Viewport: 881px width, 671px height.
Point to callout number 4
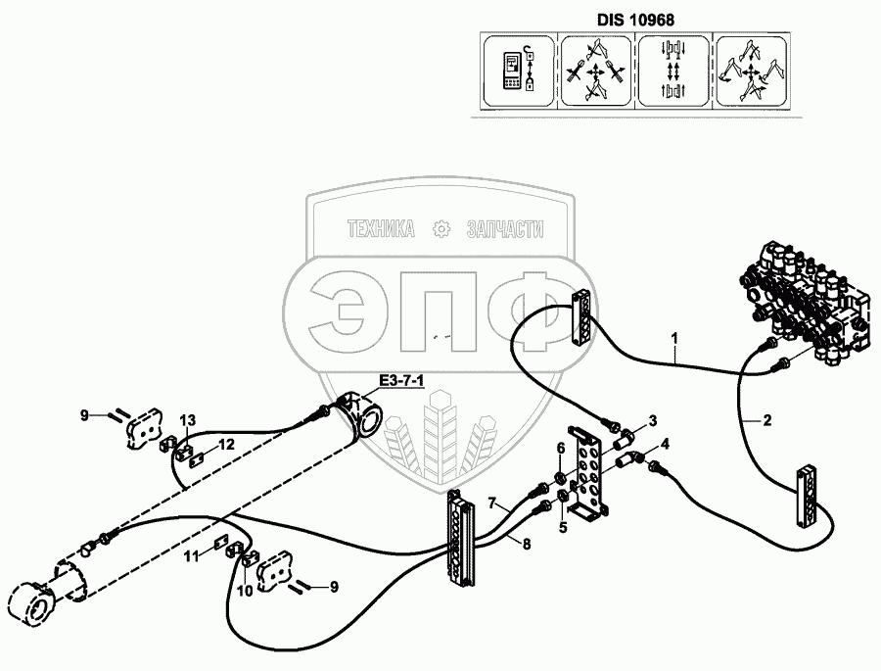click(x=665, y=443)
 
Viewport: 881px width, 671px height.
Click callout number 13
click(x=188, y=421)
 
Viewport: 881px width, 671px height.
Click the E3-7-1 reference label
click(x=396, y=381)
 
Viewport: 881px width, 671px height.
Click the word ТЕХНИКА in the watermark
click(x=381, y=230)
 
